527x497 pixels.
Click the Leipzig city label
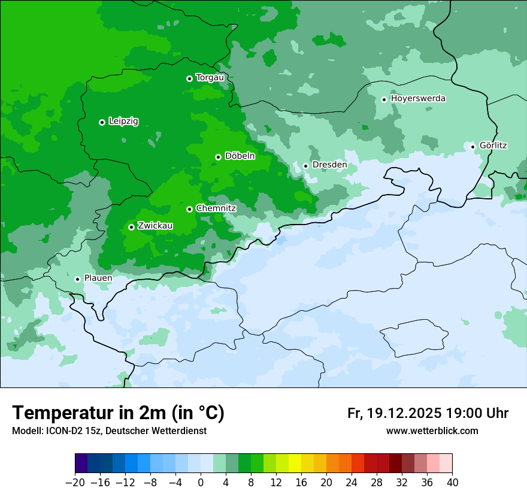[123, 122]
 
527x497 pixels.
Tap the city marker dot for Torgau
[189, 78]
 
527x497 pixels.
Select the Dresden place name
[329, 165]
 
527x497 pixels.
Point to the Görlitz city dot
[473, 147]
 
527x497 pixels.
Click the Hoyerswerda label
[418, 98]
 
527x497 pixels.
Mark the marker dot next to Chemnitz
[189, 209]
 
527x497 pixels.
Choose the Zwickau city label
[155, 226]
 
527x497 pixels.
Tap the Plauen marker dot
[77, 279]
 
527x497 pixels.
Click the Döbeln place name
[240, 156]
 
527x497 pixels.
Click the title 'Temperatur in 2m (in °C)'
[118, 413]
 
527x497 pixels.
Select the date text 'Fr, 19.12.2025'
[394, 413]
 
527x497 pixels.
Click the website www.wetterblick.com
[432, 431]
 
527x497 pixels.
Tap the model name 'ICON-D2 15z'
[71, 431]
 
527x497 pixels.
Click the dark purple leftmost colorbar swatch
[81, 463]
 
